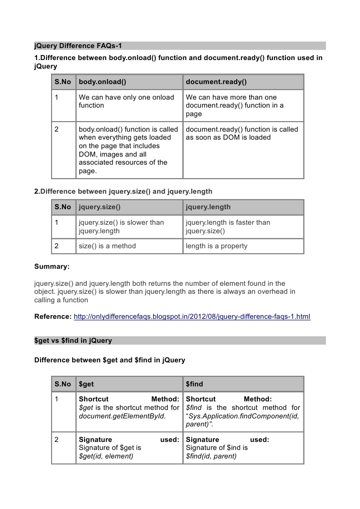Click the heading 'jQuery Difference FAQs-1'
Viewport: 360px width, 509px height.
[78, 46]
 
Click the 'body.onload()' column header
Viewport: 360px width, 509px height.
[102, 82]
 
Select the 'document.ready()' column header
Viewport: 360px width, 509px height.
[216, 82]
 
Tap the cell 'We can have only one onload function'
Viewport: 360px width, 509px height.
[127, 101]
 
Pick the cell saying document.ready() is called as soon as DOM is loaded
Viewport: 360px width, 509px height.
[242, 133]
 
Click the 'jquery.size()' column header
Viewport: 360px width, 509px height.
[100, 207]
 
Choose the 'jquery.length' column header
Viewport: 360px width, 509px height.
[208, 207]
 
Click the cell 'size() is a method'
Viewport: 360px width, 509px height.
[107, 246]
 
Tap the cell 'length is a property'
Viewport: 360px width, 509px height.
[216, 246]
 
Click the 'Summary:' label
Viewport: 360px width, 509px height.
[52, 266]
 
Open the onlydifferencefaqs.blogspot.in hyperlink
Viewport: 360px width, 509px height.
[192, 317]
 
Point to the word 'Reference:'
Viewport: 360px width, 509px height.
[53, 317]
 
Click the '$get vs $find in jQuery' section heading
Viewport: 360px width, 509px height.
[73, 341]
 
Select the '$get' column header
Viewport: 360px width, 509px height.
[87, 384]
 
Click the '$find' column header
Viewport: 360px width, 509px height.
[194, 384]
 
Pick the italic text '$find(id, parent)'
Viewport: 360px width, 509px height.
[211, 456]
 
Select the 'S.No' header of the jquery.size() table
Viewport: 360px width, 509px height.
[63, 207]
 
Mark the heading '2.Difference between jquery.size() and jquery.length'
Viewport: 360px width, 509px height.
[123, 191]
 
